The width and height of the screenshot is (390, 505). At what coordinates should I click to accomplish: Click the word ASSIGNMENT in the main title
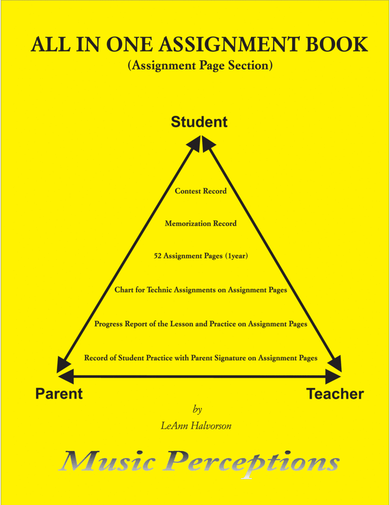pos(229,45)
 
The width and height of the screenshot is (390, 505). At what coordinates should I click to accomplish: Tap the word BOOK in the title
pos(337,45)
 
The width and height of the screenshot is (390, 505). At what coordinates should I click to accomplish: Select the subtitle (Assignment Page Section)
pos(200,65)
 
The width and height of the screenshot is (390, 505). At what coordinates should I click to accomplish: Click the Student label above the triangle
pos(199,122)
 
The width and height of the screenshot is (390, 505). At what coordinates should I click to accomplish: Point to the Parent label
pos(59,394)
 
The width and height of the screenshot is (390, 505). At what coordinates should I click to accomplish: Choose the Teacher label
pos(335,394)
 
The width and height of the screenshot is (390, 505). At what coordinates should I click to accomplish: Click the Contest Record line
pos(201,191)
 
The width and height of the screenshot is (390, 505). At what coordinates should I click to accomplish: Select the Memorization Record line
pos(201,223)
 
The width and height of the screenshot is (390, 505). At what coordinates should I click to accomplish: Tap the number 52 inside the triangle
pos(157,256)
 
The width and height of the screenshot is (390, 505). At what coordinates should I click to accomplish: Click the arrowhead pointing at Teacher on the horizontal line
pos(333,377)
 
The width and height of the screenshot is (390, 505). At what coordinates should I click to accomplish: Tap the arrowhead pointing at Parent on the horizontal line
pos(65,377)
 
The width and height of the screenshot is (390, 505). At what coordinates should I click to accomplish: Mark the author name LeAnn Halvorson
pos(196,426)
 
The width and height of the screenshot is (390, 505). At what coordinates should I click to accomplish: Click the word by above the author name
pos(198,409)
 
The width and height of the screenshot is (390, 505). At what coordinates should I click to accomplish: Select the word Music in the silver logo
pos(107,461)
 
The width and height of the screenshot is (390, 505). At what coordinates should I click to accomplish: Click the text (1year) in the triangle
pos(236,256)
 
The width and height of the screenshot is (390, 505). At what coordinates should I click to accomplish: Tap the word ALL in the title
pos(51,45)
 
